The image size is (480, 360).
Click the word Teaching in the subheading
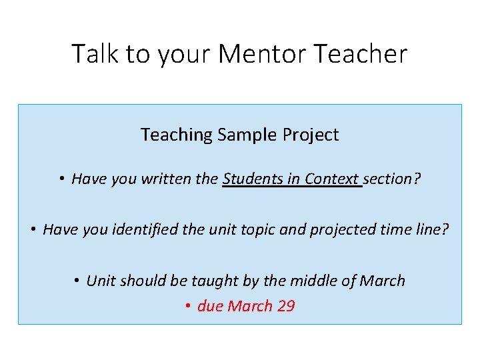pos(176,135)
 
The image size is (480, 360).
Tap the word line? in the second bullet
pos(433,230)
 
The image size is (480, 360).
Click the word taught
pos(215,281)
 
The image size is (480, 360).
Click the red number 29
pos(285,306)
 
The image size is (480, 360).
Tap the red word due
pos(210,306)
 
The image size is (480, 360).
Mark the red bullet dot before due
pos(189,307)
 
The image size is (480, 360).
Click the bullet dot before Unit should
pos(78,281)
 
